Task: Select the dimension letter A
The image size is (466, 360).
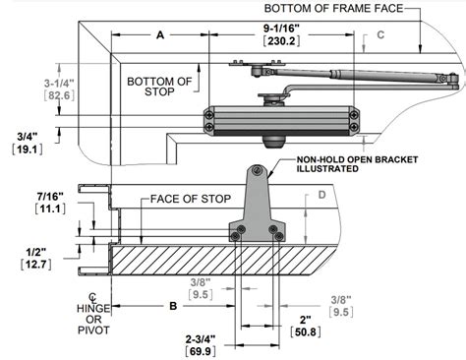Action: [x=159, y=33]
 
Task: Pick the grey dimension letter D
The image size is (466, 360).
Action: [x=320, y=195]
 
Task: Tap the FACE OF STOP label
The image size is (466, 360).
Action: [x=191, y=200]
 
